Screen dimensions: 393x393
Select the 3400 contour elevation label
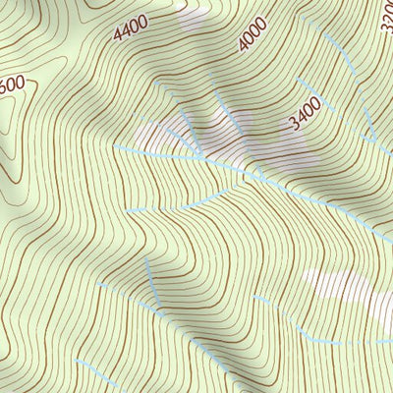(307, 117)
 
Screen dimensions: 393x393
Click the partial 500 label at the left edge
(12, 85)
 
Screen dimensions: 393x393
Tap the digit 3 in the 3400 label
(294, 125)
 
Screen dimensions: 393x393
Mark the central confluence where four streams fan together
(202, 157)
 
